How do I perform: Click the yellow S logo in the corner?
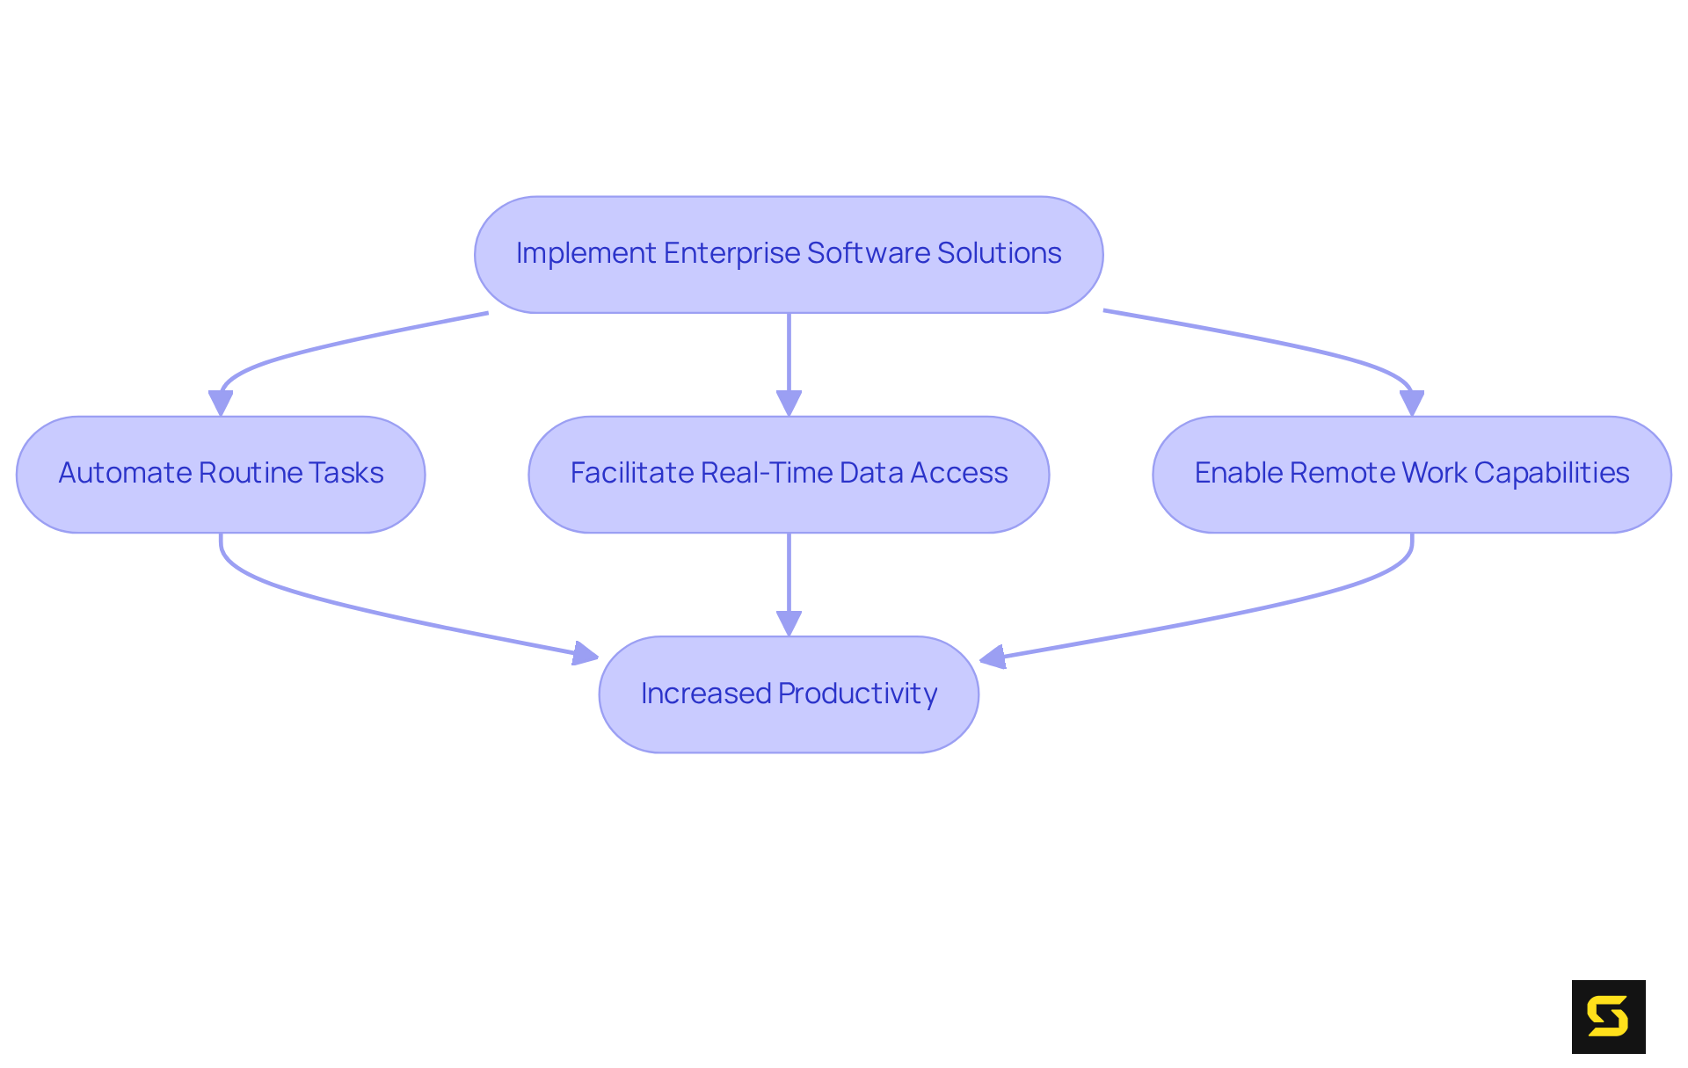point(1608,1016)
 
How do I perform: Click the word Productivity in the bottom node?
point(857,694)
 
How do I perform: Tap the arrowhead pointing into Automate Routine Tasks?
point(221,403)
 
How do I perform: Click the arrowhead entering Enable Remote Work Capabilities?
point(1411,403)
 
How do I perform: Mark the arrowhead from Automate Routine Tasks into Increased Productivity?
point(586,654)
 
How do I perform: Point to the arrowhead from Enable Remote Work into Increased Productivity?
point(993,657)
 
